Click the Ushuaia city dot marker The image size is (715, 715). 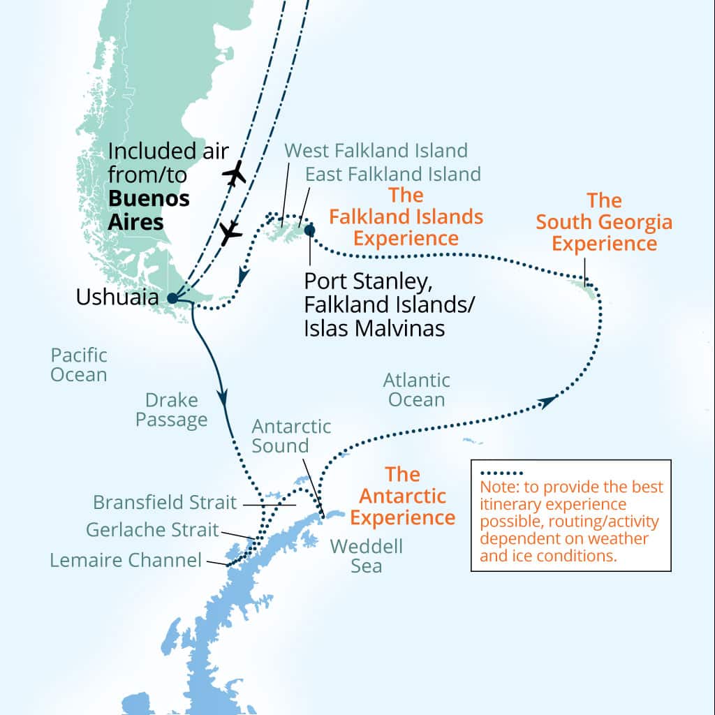click(x=172, y=298)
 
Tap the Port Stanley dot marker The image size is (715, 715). click(x=309, y=230)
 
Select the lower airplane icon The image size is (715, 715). click(x=230, y=233)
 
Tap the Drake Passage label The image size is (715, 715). click(x=171, y=410)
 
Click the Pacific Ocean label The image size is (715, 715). click(x=78, y=364)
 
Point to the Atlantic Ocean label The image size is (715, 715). click(x=417, y=390)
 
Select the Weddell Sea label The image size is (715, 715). click(x=366, y=555)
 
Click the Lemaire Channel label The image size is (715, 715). click(x=126, y=560)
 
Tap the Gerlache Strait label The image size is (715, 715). click(x=152, y=530)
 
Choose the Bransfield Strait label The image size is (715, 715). click(x=165, y=502)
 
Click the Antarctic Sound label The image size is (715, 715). click(x=291, y=436)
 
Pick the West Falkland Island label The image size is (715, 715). click(x=376, y=150)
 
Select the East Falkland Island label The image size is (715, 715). click(x=394, y=173)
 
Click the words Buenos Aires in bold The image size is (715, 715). click(x=149, y=210)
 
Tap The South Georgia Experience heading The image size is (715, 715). click(x=604, y=222)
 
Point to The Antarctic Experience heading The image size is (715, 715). click(x=402, y=496)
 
